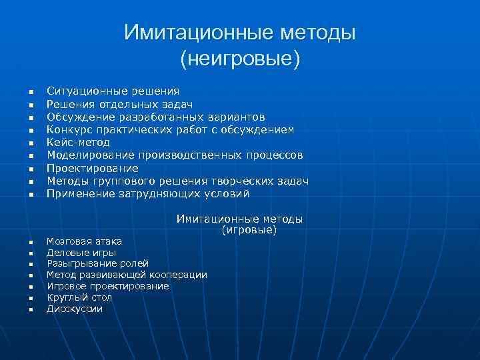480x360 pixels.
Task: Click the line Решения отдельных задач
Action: tap(119, 103)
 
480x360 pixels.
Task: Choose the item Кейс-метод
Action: tap(78, 142)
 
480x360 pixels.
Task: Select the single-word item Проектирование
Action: tap(92, 168)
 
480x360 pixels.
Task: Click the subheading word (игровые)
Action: tap(249, 231)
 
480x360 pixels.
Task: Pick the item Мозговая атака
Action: tap(84, 241)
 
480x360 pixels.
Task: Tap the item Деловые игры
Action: tap(81, 253)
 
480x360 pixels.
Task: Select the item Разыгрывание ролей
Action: tap(97, 264)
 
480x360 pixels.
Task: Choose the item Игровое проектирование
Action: tap(107, 286)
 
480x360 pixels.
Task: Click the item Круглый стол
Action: tap(79, 297)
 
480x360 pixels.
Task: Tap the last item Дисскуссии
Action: tap(74, 309)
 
